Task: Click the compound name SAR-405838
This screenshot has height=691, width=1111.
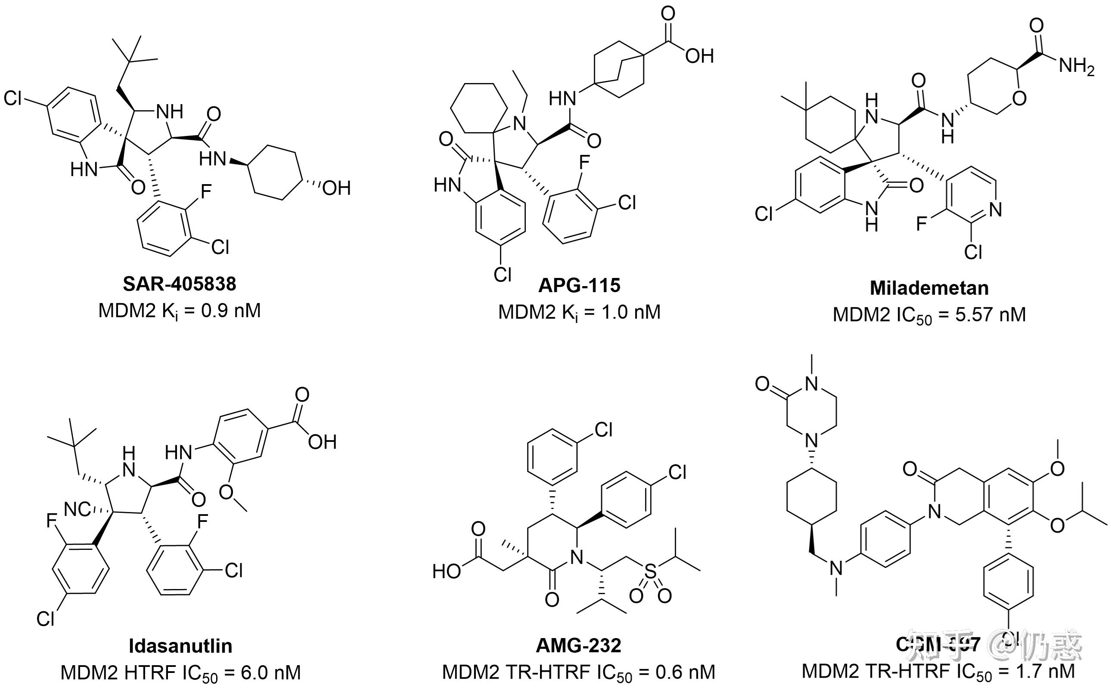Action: [179, 284]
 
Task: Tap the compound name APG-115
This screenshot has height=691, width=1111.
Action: [579, 286]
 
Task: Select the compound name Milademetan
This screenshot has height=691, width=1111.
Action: [929, 288]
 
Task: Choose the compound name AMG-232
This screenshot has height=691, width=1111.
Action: [578, 645]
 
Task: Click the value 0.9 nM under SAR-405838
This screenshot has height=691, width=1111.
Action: [231, 311]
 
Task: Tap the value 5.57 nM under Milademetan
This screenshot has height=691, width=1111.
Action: [990, 315]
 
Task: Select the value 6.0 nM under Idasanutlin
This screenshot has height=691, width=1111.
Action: [271, 672]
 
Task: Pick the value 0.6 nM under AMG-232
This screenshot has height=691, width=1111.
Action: [685, 672]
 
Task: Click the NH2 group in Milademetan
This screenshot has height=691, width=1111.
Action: [1076, 67]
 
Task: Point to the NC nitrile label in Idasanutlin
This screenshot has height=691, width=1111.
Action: [77, 509]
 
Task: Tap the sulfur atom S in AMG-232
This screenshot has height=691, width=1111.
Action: [650, 571]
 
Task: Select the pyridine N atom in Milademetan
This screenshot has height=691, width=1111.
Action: [995, 210]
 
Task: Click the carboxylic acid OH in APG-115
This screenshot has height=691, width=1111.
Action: [699, 56]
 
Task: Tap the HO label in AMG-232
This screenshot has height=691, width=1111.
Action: [447, 572]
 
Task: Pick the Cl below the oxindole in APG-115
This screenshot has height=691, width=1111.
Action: [502, 275]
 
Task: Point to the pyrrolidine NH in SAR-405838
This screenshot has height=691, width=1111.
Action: [169, 111]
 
